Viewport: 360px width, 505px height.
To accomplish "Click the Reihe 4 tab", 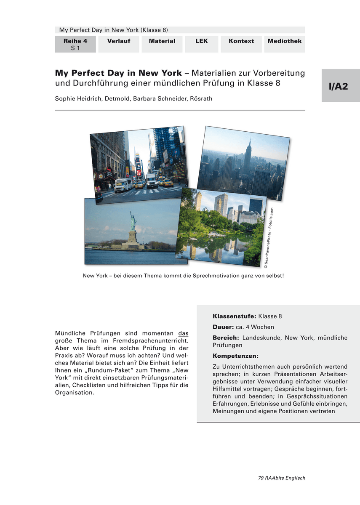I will pyautogui.click(x=75, y=44).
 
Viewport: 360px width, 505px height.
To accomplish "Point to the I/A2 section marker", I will pyautogui.click(x=340, y=86).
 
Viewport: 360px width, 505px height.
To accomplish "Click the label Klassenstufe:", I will pyautogui.click(x=235, y=316).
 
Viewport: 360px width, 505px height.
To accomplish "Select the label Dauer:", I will pyautogui.click(x=223, y=327).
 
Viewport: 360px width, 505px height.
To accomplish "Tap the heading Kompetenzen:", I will pyautogui.click(x=236, y=356).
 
